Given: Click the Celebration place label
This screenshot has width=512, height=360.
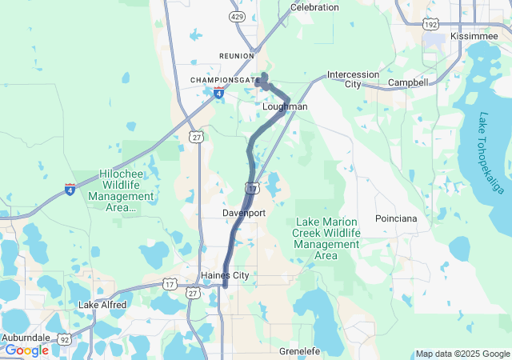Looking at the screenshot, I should pos(314,7).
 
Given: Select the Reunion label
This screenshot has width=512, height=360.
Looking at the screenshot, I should pos(236,55).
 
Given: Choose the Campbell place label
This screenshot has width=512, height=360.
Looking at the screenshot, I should pos(408,82).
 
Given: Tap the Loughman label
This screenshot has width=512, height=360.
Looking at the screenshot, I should pos(285,106).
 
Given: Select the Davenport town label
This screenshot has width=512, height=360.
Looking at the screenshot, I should pos(244,214).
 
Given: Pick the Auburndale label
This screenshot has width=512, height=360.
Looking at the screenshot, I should pos(26,338).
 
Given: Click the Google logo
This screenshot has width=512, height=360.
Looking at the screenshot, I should pos(26,350).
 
